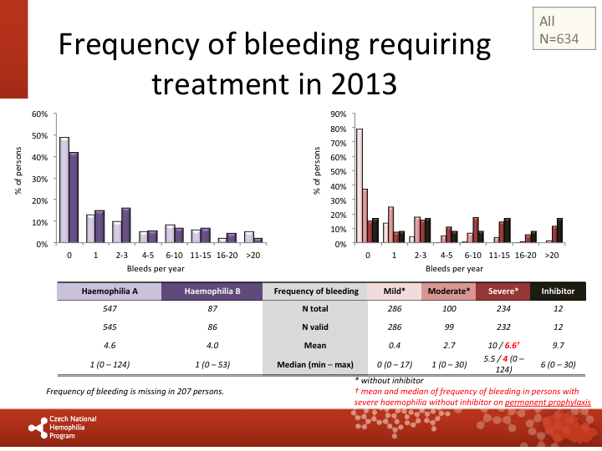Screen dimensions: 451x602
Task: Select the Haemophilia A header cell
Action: (109, 291)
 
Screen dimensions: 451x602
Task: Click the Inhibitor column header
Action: (558, 291)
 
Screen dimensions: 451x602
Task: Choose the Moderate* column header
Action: (449, 291)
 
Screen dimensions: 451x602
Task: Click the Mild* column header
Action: (395, 291)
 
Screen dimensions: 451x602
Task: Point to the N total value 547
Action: (109, 309)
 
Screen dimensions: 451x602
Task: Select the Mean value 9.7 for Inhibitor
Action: (558, 344)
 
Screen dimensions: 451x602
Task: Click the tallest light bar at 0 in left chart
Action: (64, 190)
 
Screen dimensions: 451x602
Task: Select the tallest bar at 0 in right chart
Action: (360, 185)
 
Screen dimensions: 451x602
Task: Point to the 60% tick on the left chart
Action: (39, 114)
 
